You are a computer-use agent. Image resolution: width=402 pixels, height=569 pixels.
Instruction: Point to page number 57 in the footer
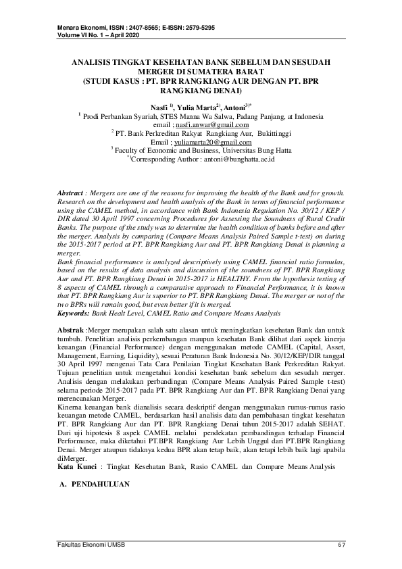[x=341, y=545]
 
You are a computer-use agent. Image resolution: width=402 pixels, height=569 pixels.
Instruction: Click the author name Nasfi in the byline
[x=159, y=107]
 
